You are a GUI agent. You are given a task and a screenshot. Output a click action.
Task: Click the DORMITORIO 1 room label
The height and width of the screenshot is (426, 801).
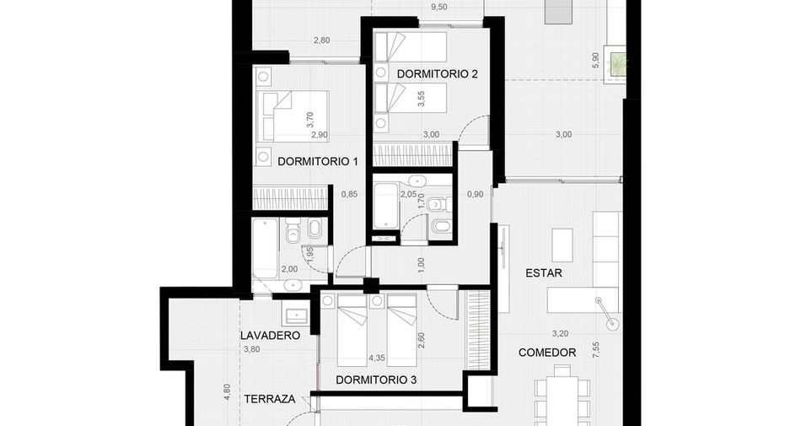(317, 161)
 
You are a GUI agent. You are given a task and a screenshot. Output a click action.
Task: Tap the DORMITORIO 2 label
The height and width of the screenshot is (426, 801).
(438, 74)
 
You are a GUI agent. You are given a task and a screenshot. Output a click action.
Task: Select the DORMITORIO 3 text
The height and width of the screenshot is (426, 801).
(376, 380)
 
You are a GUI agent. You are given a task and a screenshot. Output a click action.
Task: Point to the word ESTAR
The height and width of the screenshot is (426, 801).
(544, 273)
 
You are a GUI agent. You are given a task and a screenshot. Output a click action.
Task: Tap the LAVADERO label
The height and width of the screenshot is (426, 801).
(271, 336)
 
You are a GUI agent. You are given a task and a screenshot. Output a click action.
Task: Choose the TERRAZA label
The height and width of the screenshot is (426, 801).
(270, 399)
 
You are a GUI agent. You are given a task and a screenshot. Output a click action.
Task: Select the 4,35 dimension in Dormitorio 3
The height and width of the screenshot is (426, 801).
(377, 358)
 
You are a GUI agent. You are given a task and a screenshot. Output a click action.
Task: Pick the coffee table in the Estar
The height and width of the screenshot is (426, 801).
(562, 244)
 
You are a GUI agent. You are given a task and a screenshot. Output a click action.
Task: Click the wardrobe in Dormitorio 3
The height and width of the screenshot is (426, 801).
(477, 330)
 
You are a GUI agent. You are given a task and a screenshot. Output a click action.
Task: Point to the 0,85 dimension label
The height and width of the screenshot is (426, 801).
(349, 194)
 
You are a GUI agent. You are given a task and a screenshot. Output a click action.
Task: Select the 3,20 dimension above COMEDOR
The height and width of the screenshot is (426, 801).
(560, 334)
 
